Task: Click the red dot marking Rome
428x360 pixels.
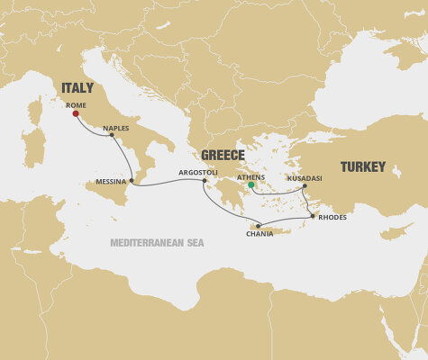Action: point(76,114)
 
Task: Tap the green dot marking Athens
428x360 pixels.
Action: point(252,186)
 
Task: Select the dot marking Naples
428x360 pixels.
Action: point(112,135)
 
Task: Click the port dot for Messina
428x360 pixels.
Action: point(132,181)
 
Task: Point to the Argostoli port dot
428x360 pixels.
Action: point(205,181)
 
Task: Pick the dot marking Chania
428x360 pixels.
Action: point(258,226)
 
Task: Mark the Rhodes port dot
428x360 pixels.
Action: point(313,216)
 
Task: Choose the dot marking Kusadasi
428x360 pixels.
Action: point(305,186)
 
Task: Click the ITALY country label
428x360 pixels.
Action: point(77,88)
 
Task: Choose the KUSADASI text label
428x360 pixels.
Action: point(304,178)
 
